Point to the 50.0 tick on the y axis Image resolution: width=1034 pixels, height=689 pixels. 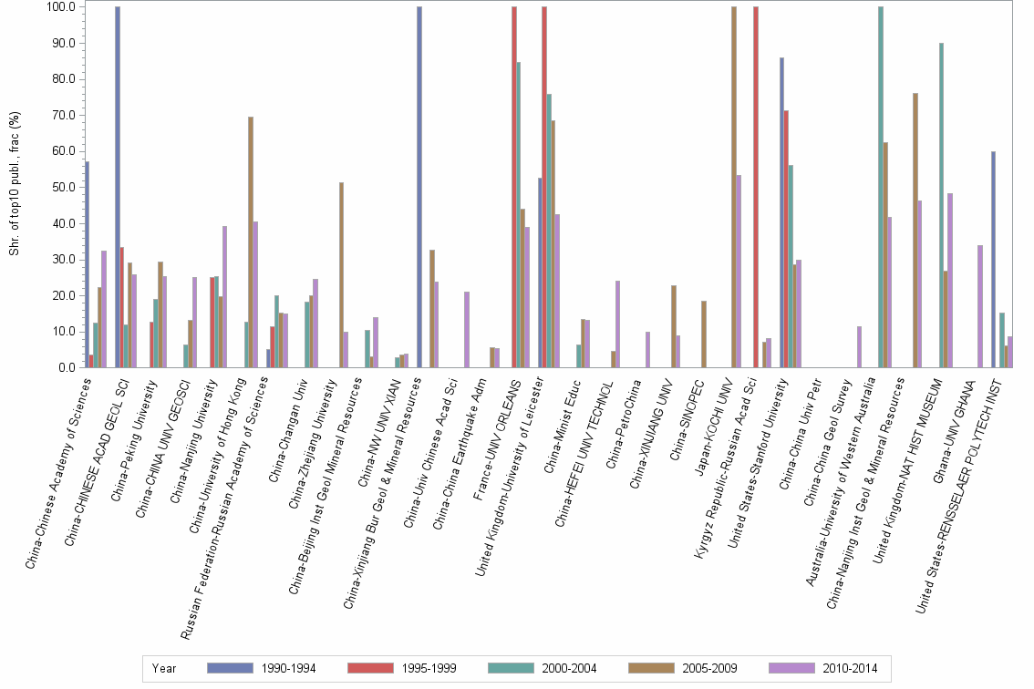tap(63, 187)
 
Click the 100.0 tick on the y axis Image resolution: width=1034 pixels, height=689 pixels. tap(61, 7)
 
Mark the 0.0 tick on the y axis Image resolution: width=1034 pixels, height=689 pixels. tap(67, 368)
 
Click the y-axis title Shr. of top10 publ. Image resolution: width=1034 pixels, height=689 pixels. tap(14, 182)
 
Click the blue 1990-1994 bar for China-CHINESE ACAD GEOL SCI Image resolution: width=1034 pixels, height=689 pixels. tap(118, 187)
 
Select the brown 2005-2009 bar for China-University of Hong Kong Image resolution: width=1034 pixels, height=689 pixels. tap(251, 242)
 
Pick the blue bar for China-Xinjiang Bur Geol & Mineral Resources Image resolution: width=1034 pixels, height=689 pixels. tap(419, 187)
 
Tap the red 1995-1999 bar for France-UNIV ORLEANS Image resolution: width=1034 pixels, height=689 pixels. tap(514, 187)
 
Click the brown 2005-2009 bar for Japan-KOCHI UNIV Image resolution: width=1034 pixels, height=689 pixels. tap(734, 187)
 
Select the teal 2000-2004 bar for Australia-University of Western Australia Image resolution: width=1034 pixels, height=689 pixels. tap(881, 187)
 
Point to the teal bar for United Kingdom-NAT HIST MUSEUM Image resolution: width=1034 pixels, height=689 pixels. tap(941, 205)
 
